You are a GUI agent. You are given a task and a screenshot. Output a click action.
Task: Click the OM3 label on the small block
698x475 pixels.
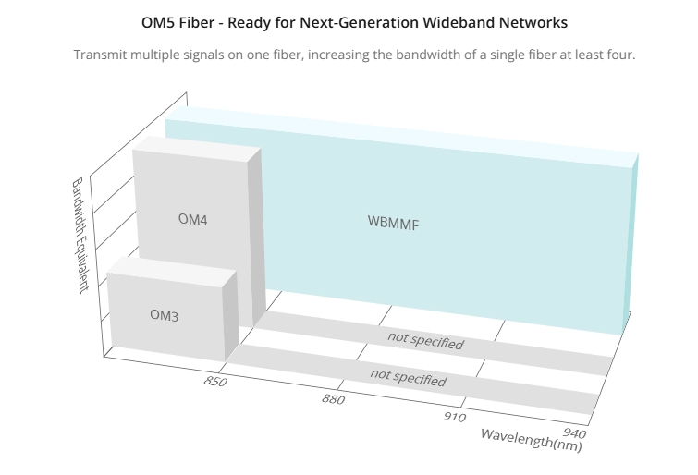[164, 315]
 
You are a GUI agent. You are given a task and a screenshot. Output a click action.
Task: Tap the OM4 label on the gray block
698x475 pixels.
[192, 219]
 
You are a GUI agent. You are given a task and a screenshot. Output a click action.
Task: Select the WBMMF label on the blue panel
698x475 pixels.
[394, 223]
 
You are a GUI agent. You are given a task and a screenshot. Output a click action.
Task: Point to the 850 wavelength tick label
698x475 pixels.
[215, 382]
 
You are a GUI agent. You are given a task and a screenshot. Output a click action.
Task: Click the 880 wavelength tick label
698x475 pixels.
[333, 399]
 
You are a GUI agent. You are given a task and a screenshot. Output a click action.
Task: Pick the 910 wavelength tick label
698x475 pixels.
[455, 417]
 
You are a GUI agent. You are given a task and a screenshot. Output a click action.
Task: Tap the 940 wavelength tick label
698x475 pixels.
[574, 432]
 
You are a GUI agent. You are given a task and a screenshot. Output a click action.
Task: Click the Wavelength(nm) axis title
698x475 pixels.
[532, 440]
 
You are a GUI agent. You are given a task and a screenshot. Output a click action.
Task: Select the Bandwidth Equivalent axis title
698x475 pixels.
[80, 235]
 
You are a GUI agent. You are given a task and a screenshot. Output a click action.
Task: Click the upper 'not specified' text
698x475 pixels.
[425, 340]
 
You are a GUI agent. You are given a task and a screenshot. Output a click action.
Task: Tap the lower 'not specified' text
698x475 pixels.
[409, 378]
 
